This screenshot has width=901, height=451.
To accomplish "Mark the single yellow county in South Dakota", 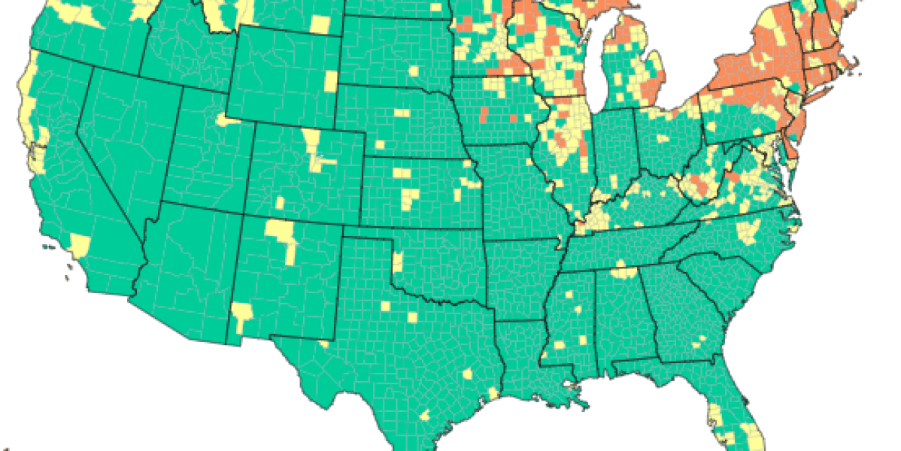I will (413, 71).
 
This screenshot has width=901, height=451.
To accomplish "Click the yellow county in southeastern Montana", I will (320, 24).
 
